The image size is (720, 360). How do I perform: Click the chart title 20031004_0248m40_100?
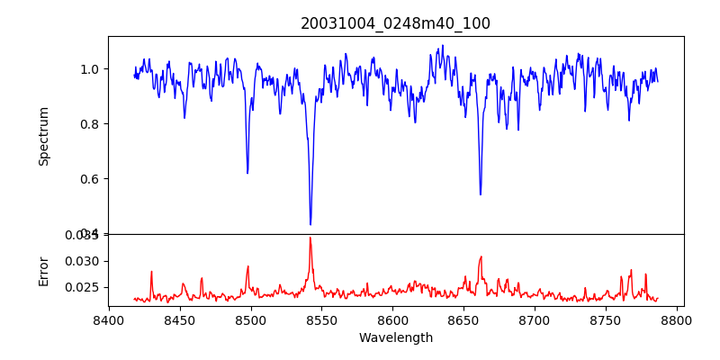(395, 23)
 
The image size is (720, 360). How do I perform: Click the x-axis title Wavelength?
(395, 337)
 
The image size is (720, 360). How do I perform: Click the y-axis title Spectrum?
(43, 136)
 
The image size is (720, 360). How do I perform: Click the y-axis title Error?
(43, 270)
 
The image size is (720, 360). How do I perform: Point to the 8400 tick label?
(109, 319)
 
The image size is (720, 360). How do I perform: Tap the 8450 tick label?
(180, 319)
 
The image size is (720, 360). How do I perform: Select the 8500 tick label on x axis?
(250, 319)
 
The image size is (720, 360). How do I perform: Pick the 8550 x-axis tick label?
(321, 319)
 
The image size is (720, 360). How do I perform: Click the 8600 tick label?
(392, 319)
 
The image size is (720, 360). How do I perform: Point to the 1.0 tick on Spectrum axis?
(91, 69)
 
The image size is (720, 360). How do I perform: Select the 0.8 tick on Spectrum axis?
(91, 124)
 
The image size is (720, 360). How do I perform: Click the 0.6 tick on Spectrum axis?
(91, 179)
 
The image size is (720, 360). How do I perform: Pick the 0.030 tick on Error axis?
(85, 261)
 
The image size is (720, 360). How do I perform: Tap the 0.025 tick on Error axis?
(85, 287)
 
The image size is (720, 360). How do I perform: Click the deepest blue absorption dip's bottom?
(310, 224)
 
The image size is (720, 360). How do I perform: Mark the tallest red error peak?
(310, 238)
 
